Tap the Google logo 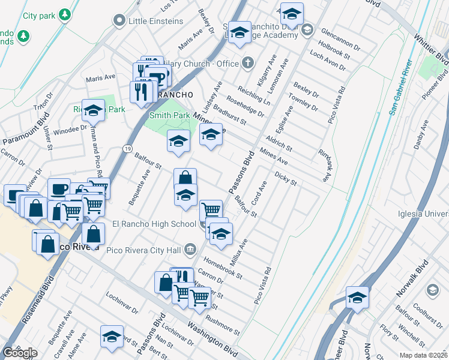point(20,353)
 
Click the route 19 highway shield point(128,147)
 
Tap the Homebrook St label point(223,268)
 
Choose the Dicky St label point(286,178)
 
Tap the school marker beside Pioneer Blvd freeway point(357,298)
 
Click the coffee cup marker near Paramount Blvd point(59,189)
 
